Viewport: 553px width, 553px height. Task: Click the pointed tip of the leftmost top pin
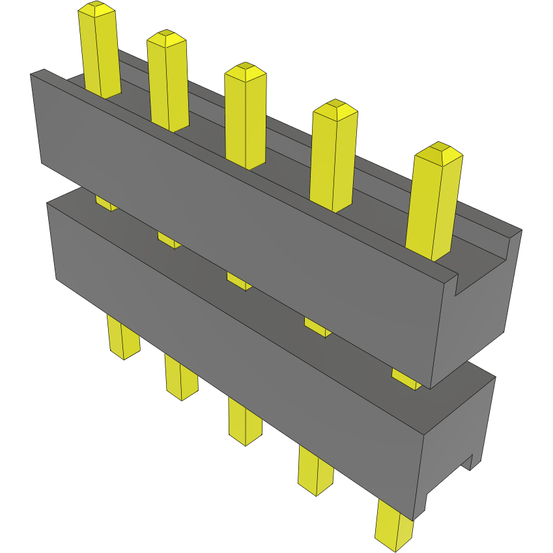[96, 8]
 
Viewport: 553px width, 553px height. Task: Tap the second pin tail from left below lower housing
[180, 378]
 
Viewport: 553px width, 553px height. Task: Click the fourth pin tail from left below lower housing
[315, 470]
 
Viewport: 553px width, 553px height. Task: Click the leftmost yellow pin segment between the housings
[106, 202]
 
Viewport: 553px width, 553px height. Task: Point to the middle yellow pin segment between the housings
[239, 281]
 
